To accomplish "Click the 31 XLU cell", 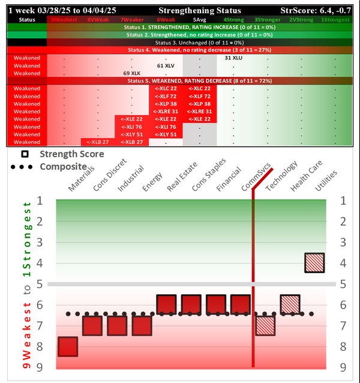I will [233, 58].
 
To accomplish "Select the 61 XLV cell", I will [166, 65].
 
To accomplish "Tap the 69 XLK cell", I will [131, 73].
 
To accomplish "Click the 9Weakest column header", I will [64, 20].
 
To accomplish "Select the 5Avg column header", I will [199, 20].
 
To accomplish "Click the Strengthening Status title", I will [200, 10].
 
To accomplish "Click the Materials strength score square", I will [67, 346].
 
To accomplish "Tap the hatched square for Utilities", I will [314, 262].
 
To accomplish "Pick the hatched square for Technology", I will [265, 325].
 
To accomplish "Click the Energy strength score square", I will [142, 325].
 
